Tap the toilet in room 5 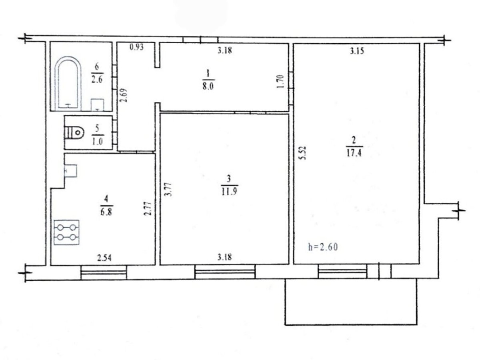[x=74, y=132]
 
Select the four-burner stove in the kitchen [x=66, y=232]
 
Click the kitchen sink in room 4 [x=70, y=171]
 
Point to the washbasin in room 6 [x=97, y=105]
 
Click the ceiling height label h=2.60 [x=323, y=247]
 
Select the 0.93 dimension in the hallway [x=137, y=47]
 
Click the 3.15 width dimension [x=357, y=51]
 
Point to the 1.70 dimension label [x=280, y=82]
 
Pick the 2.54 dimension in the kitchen [x=104, y=258]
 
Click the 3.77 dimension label [x=168, y=190]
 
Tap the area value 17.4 [x=354, y=153]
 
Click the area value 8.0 [x=208, y=86]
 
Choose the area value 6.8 [x=106, y=212]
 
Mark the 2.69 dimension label [x=124, y=95]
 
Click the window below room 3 [x=225, y=272]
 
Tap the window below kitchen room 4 [x=104, y=272]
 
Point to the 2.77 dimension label [x=148, y=208]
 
